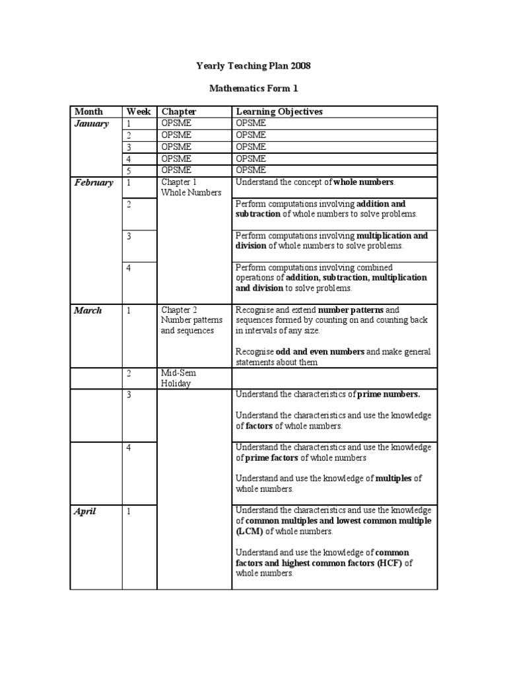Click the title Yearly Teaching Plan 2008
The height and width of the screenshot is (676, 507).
click(253, 66)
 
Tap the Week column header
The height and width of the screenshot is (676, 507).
click(139, 112)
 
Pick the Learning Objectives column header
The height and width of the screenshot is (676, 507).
click(279, 112)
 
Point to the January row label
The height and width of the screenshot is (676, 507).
click(92, 123)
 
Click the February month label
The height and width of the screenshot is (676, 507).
click(93, 183)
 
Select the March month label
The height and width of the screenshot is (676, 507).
click(88, 310)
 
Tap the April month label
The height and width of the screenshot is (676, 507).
click(86, 510)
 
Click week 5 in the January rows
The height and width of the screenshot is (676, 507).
click(129, 170)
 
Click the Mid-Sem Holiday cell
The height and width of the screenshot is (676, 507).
click(178, 378)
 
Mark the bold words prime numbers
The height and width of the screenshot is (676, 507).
click(388, 394)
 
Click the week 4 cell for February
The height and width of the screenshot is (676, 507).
click(129, 267)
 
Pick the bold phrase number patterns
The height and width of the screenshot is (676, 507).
click(350, 310)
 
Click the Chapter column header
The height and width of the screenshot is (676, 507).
click(179, 112)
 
